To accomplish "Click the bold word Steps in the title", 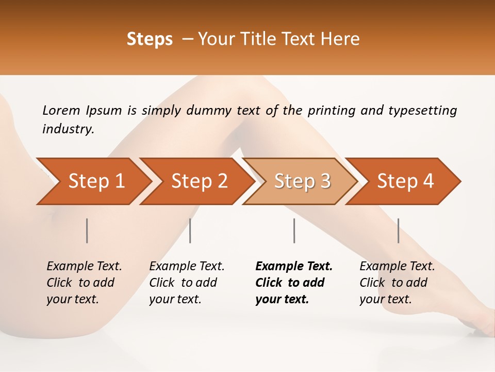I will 150,39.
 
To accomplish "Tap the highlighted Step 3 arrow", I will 302,181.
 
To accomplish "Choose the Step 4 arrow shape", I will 405,181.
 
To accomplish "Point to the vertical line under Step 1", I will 87,230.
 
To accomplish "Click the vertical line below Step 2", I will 190,230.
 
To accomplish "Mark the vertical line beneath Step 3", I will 294,230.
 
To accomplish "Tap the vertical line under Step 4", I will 398,230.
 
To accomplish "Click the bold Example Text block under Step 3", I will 294,283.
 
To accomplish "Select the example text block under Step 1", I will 84,283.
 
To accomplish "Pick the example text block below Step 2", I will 187,283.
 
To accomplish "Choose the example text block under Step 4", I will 397,283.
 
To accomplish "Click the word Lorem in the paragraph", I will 61,111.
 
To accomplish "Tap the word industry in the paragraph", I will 68,129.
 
